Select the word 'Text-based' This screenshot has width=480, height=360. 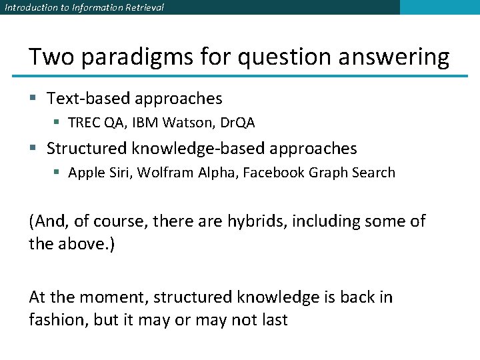pyautogui.click(x=88, y=99)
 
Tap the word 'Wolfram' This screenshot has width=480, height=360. pyautogui.click(x=165, y=173)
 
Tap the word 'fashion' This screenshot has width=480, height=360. pyautogui.click(x=58, y=320)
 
